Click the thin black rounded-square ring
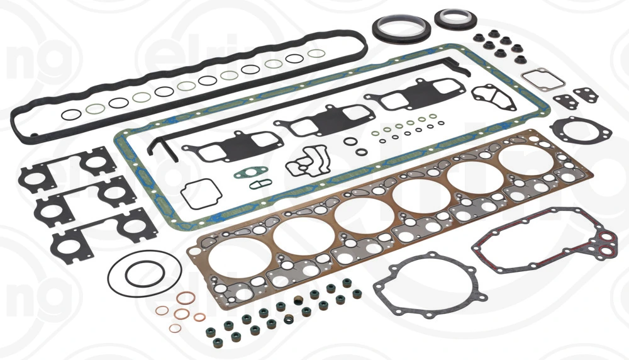(x=199, y=191)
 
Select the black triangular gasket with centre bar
(x=493, y=97)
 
